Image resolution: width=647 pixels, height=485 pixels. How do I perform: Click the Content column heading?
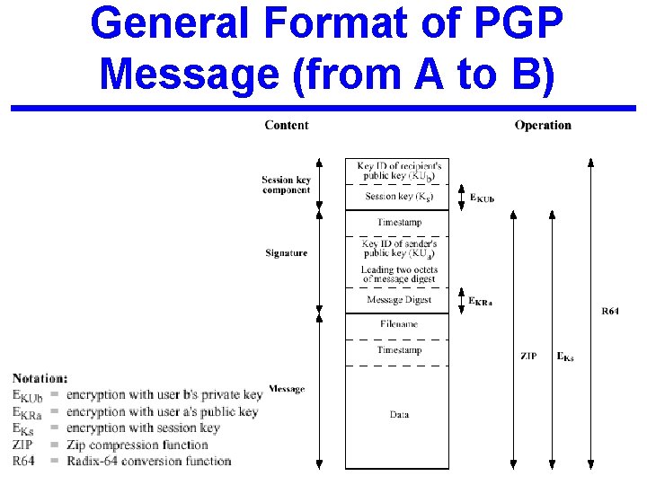pos(286,125)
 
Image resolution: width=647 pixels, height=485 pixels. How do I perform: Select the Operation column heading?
pos(543,125)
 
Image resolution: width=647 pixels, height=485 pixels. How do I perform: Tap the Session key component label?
pos(286,185)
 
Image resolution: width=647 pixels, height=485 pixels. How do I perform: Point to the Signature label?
pos(286,253)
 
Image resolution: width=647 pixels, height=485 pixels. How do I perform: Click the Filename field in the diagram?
pos(398,324)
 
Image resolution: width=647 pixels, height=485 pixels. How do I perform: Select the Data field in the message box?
pos(399,415)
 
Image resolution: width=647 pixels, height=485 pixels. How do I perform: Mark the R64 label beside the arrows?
pos(610,312)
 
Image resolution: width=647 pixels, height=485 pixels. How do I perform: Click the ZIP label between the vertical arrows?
pos(528,357)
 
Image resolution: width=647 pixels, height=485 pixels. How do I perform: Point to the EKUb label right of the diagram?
pos(482,198)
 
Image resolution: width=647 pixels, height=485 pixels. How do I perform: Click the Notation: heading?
pos(40,379)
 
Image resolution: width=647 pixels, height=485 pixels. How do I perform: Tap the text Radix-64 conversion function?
pos(148,461)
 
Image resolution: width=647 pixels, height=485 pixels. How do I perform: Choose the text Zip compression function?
pos(137,445)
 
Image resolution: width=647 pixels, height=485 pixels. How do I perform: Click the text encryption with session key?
pos(143,428)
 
